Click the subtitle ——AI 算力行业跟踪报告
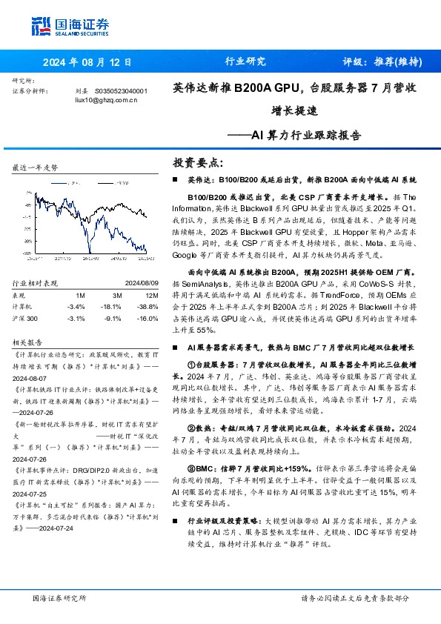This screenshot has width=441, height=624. [x=304, y=135]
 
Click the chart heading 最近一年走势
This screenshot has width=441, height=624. [x=36, y=168]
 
